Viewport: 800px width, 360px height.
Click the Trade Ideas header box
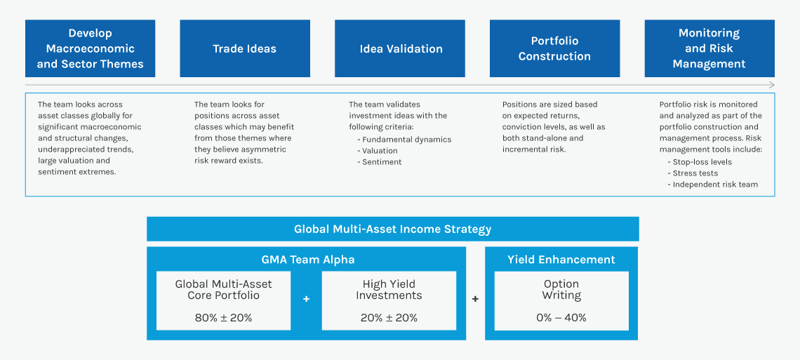click(245, 48)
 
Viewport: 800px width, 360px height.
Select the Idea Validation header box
click(400, 48)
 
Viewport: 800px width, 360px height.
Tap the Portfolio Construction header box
click(554, 48)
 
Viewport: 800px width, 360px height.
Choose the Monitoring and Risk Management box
click(709, 48)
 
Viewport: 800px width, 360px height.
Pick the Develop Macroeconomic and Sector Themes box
click(90, 48)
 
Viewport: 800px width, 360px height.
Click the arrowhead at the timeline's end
click(772, 85)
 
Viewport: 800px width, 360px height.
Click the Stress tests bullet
click(693, 173)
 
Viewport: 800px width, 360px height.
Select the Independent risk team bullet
click(712, 185)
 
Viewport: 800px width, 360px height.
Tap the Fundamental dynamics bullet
click(404, 140)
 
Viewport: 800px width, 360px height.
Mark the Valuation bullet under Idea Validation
click(377, 151)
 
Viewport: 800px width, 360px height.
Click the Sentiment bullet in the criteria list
click(379, 162)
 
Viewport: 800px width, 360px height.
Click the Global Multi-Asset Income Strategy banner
click(393, 229)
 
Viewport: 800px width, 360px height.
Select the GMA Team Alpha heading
click(307, 260)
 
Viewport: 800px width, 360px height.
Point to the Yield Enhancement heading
click(561, 260)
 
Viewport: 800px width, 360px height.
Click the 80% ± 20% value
click(223, 318)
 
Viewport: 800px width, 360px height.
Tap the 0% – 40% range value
click(561, 318)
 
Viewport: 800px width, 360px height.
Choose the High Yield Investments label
click(389, 290)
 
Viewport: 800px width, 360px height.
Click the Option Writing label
click(561, 290)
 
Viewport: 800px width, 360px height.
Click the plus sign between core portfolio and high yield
click(306, 299)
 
